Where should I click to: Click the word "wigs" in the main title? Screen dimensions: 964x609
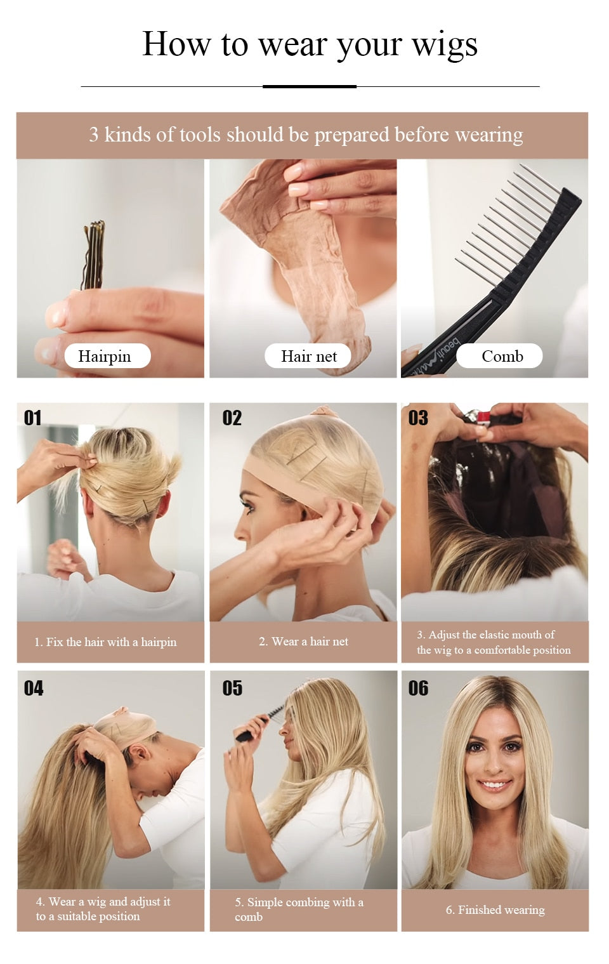[444, 44]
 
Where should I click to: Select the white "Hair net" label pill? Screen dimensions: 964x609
[309, 356]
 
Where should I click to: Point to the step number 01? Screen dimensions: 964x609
[33, 418]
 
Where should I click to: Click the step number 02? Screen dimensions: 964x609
[232, 418]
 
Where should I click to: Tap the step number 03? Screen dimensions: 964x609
[418, 418]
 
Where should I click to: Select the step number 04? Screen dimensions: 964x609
[34, 688]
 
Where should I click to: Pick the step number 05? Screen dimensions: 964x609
[232, 688]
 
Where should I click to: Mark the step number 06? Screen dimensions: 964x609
[418, 688]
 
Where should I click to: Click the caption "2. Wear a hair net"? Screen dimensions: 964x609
[303, 642]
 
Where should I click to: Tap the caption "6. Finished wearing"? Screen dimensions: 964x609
[495, 910]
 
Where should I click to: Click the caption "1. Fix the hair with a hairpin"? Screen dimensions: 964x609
[105, 642]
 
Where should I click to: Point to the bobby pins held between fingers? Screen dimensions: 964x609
[94, 254]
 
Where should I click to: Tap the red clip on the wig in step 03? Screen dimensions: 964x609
[483, 418]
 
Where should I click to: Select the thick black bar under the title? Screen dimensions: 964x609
[310, 86]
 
